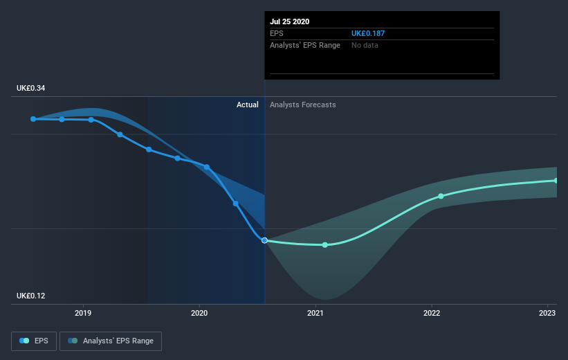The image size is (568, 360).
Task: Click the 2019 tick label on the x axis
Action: coord(83,312)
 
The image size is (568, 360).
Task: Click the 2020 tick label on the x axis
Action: coord(199,312)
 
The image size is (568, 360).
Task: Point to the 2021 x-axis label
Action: coord(315,312)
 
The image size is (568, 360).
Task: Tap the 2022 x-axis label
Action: coord(432,312)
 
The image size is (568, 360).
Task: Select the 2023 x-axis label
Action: coord(547,312)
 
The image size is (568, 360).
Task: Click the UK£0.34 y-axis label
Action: coord(31,89)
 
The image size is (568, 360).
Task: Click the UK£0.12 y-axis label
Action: coord(31,296)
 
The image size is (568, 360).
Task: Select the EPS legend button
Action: coord(34,341)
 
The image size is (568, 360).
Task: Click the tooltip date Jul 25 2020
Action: coord(290,21)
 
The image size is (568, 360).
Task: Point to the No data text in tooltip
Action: coord(365,45)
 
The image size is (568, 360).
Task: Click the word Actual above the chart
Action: coord(247,105)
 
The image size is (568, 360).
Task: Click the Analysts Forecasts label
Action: coord(303,105)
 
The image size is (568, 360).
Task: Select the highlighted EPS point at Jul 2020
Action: coord(265,240)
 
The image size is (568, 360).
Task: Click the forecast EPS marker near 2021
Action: coord(324,245)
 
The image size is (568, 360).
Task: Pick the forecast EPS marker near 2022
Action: coord(441,196)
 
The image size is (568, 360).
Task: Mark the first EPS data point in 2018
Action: coord(33,119)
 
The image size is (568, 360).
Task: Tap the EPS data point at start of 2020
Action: coord(207,167)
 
